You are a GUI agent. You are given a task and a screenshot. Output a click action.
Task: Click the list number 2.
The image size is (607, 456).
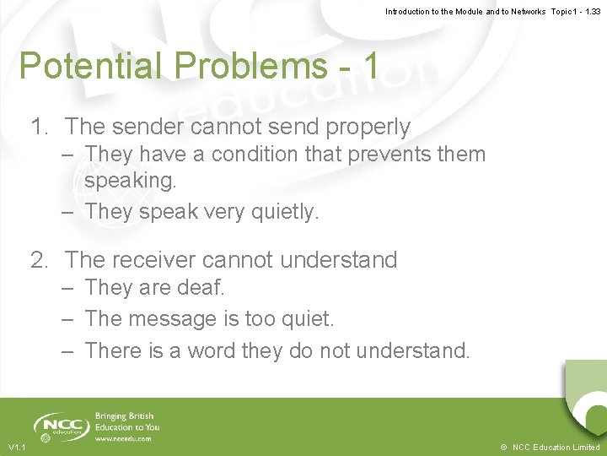(40, 259)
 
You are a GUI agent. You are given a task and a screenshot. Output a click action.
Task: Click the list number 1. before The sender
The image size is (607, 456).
(40, 127)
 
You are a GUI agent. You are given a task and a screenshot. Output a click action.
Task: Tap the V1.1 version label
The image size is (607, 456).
(17, 447)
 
